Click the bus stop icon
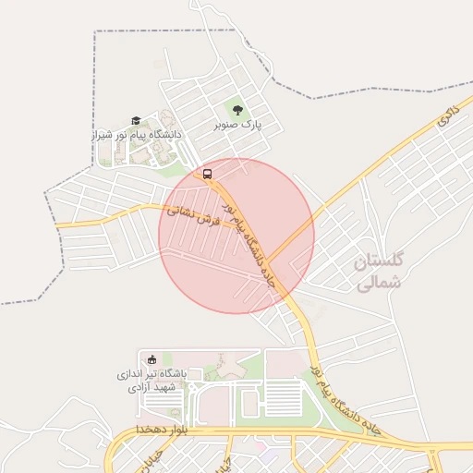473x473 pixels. [x=207, y=173]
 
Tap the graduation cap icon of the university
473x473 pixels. [x=135, y=120]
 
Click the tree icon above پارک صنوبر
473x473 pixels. [x=237, y=110]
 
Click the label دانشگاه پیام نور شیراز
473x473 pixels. [x=139, y=134]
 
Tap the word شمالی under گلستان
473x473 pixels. [x=378, y=285]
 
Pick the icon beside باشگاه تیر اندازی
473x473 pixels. [x=152, y=359]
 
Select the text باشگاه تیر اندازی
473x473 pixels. [x=152, y=373]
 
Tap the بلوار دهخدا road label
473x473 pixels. [x=163, y=431]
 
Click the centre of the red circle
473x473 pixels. [x=236, y=236]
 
